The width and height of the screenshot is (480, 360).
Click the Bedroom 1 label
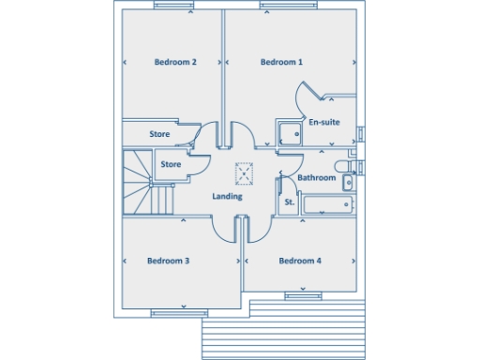click(281, 63)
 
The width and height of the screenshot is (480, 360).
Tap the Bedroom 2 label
click(175, 63)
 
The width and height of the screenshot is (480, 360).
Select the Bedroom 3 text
click(169, 261)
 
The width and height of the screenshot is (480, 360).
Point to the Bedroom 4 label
click(300, 261)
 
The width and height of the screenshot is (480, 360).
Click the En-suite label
click(324, 122)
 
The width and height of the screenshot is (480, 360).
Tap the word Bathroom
click(317, 177)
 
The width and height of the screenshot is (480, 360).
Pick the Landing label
click(227, 197)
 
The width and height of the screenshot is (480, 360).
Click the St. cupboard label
click(289, 202)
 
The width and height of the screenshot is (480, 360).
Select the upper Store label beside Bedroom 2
click(159, 134)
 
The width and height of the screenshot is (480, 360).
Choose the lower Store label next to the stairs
click(171, 165)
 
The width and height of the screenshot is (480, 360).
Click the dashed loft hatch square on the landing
click(246, 172)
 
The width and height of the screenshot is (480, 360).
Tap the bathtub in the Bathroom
click(328, 204)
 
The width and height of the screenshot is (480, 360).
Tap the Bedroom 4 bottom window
click(304, 295)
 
